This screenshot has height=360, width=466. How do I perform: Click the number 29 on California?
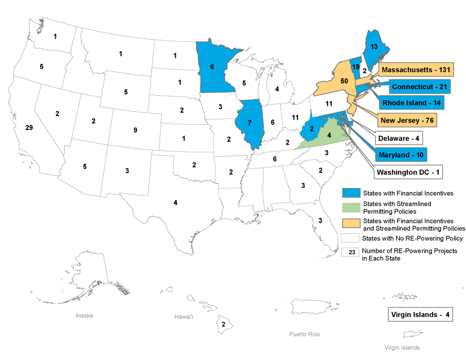click(x=29, y=128)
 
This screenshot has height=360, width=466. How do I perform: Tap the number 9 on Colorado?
click(x=135, y=130)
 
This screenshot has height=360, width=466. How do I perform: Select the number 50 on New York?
click(x=345, y=81)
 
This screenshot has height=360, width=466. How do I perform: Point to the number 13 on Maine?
click(x=374, y=47)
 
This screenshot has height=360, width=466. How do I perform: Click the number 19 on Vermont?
click(x=356, y=67)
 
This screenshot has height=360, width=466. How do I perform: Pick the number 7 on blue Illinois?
click(x=250, y=122)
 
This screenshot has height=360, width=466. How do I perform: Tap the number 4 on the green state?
click(x=329, y=135)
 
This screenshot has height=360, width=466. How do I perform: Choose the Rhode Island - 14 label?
click(x=413, y=103)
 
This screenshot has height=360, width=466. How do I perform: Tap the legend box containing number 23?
click(x=350, y=252)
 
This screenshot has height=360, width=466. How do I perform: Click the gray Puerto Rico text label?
click(x=304, y=334)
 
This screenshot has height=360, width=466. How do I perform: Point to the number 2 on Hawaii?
click(x=223, y=324)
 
